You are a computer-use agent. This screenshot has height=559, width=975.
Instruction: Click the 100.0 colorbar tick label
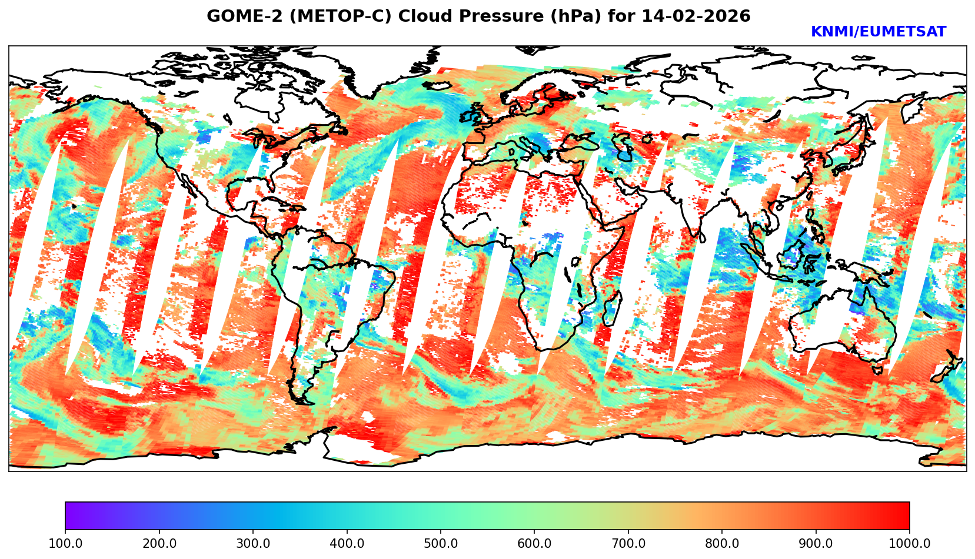click(x=65, y=544)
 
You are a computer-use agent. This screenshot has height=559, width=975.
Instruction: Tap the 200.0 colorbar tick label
click(x=159, y=544)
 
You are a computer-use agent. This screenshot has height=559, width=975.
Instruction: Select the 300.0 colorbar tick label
click(x=252, y=544)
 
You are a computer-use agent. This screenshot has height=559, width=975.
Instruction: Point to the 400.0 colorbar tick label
click(x=347, y=544)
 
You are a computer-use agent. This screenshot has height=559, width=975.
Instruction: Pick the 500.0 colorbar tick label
click(x=440, y=544)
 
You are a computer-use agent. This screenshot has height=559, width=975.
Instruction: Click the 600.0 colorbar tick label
click(x=534, y=544)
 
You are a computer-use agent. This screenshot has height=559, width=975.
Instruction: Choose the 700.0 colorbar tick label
click(x=628, y=544)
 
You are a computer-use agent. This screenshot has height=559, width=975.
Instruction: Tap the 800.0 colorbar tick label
click(x=722, y=544)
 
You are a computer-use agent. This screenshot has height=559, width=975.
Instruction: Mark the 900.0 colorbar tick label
click(x=816, y=544)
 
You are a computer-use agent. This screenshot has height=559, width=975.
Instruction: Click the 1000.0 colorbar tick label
click(x=909, y=544)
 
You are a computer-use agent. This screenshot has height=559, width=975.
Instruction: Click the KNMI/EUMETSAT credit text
click(x=878, y=32)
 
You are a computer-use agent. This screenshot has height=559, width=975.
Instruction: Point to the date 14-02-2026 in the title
click(x=696, y=16)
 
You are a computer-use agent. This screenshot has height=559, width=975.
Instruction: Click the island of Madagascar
click(x=612, y=309)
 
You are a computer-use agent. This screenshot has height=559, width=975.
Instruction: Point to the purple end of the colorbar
click(x=69, y=516)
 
